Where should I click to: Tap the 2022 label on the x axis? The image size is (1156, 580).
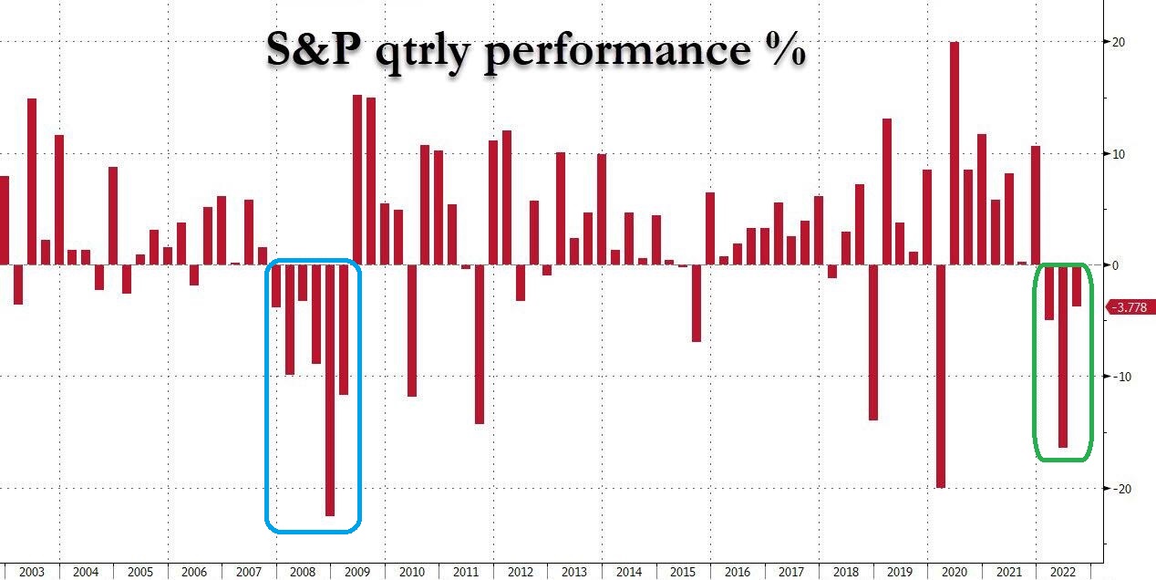pos(1062,572)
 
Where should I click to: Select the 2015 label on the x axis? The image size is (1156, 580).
pos(682,572)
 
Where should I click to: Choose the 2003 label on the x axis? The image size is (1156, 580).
pos(31,572)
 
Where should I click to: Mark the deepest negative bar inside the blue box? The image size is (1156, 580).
pos(330,390)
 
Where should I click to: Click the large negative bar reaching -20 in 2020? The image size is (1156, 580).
pos(941,376)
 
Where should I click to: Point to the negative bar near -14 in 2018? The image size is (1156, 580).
pos(873,342)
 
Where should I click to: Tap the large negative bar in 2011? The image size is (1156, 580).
pos(480,344)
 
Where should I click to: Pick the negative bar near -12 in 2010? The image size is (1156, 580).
pos(411,330)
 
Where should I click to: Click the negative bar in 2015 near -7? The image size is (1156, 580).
pos(697,303)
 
